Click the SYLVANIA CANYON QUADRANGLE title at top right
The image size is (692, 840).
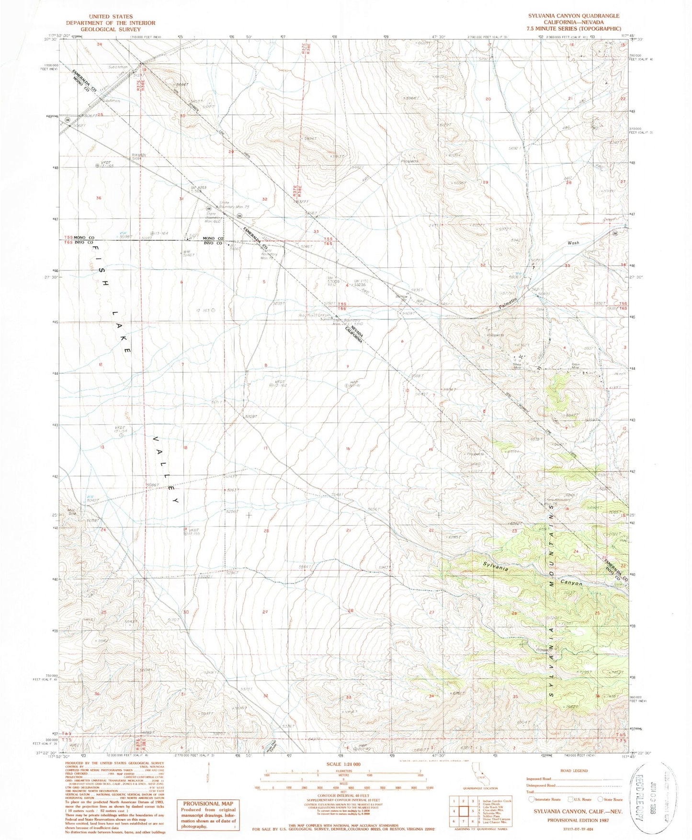point(574,16)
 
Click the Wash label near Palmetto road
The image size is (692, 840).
point(573,243)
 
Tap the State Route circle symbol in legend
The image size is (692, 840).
point(601,799)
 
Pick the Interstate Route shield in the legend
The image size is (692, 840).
point(532,799)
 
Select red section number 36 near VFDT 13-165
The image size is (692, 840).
point(99,198)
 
